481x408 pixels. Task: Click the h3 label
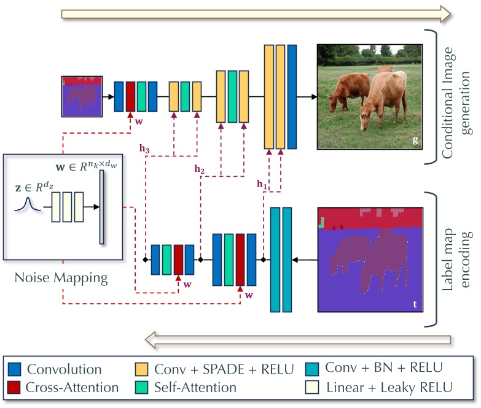144,148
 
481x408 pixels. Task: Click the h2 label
200,169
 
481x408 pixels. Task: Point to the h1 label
262,184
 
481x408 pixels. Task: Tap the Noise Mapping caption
61,278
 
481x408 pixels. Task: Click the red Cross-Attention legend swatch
14,388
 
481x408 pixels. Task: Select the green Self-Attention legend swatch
141,388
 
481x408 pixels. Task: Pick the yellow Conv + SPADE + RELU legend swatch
141,369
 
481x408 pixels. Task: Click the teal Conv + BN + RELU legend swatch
312,369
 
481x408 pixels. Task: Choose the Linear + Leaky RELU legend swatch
312,388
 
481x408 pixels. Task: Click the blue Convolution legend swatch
14,369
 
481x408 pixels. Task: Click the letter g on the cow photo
415,140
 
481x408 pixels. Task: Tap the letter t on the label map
415,304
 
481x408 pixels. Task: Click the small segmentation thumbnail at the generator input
82,96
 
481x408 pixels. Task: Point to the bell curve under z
28,204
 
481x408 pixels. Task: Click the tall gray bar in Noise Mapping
101,207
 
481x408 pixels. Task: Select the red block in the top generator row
130,96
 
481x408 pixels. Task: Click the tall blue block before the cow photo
292,97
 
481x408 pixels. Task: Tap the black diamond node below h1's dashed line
263,260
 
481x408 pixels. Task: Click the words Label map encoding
457,260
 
